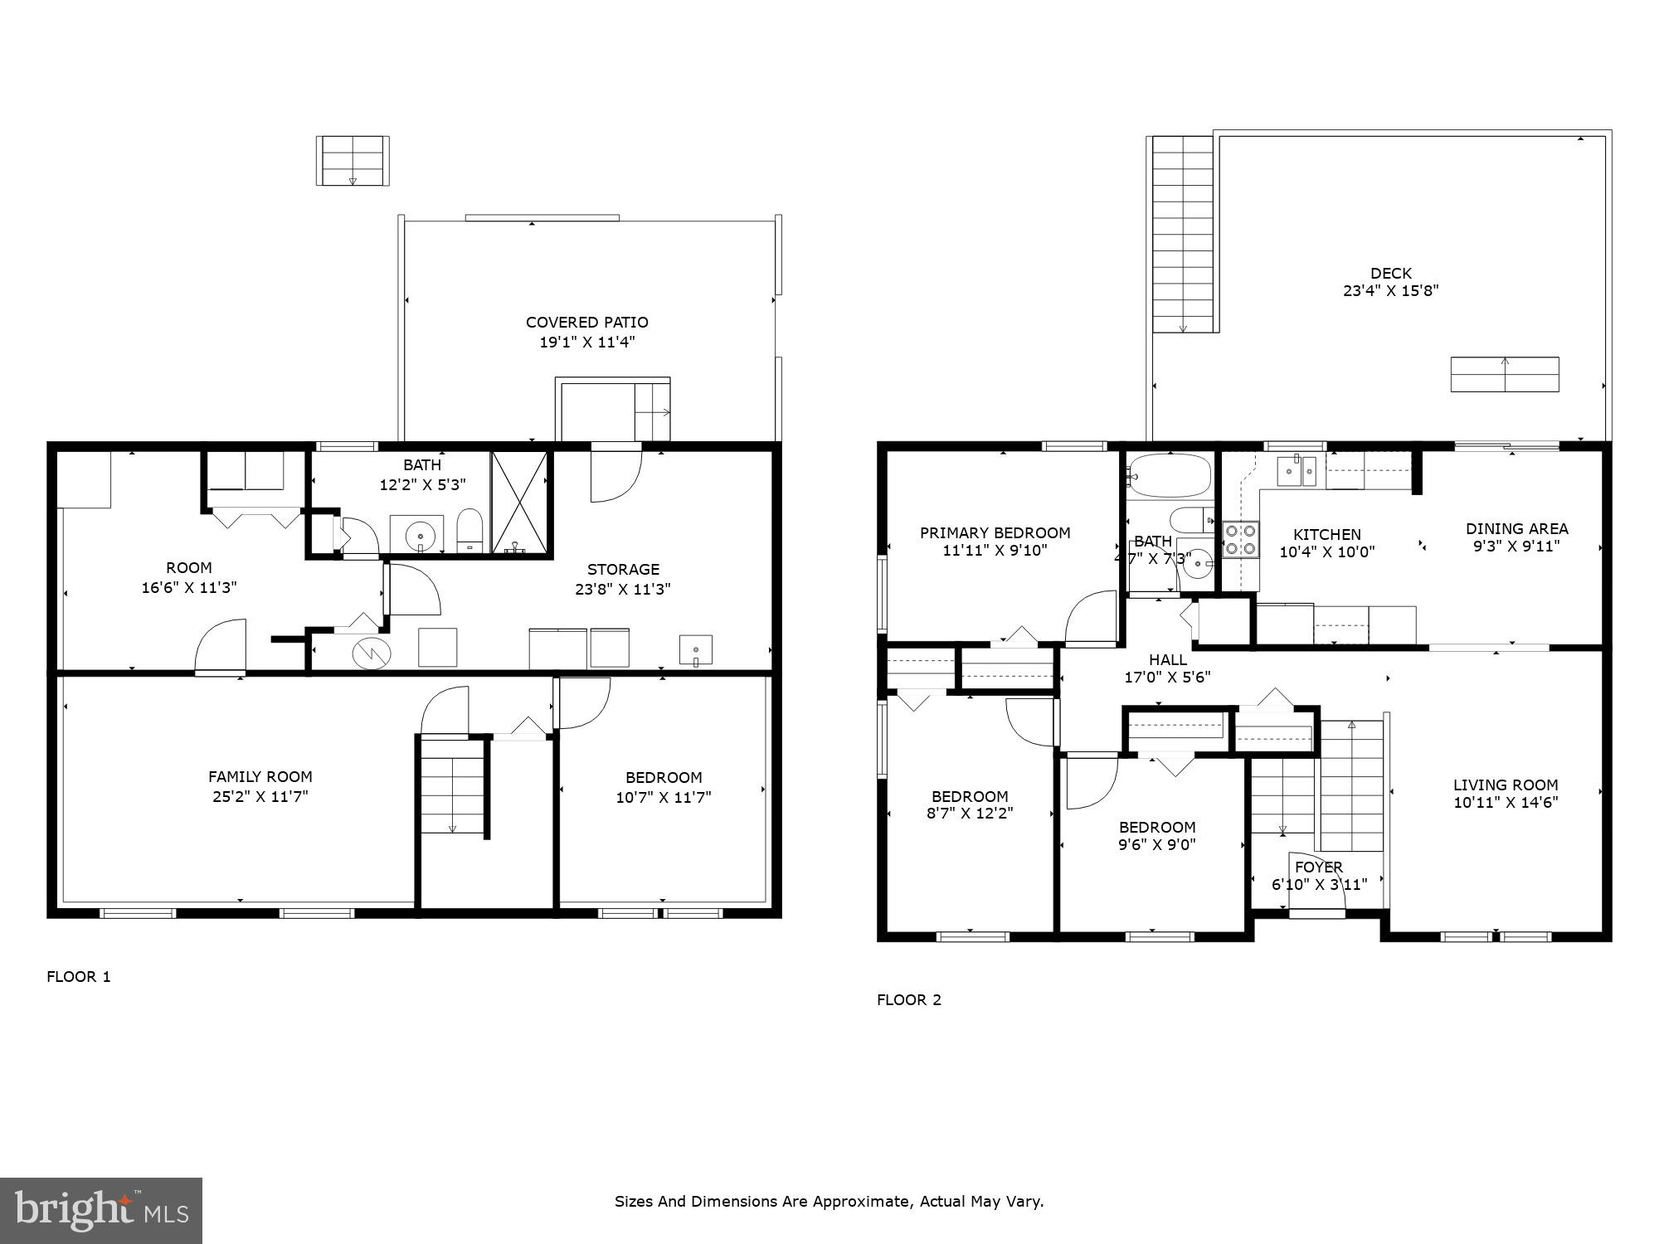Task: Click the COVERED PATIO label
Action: click(x=586, y=323)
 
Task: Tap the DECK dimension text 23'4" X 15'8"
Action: click(x=1390, y=291)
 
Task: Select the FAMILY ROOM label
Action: click(x=260, y=777)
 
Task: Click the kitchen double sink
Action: click(x=1295, y=472)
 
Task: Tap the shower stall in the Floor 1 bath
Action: click(x=519, y=503)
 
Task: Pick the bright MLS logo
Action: click(x=100, y=1210)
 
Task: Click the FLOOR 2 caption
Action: click(x=909, y=1000)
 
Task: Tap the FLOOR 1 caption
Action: click(x=79, y=977)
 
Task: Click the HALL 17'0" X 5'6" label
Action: click(x=1167, y=668)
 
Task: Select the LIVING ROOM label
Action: click(x=1505, y=785)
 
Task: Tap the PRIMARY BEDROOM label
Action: click(x=995, y=533)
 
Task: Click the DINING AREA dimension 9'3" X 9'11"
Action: click(x=1516, y=547)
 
